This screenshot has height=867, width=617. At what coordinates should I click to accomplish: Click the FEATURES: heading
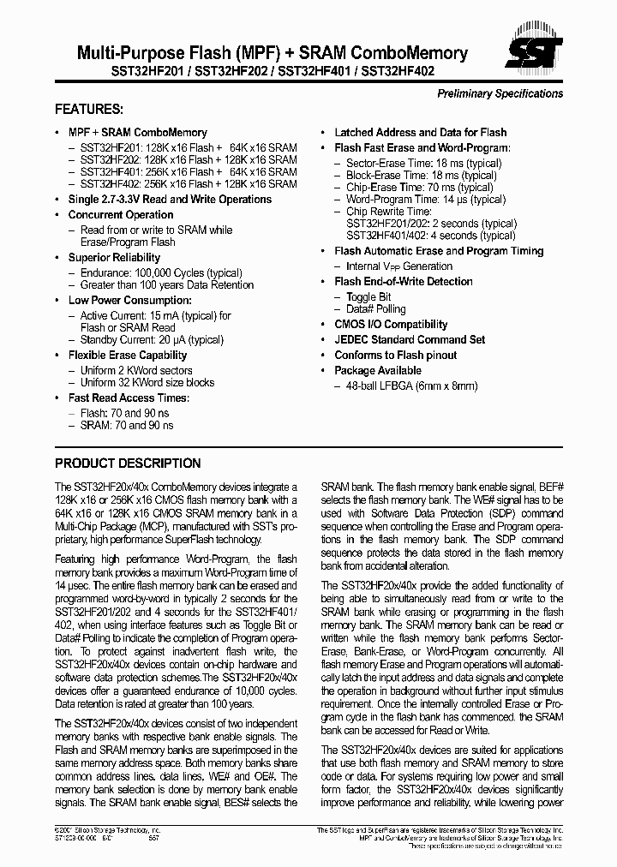[88, 110]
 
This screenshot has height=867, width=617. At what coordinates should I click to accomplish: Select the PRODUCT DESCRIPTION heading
[128, 463]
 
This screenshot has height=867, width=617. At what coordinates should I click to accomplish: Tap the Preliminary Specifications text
[500, 93]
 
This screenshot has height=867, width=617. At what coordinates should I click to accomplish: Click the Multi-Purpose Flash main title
[261, 53]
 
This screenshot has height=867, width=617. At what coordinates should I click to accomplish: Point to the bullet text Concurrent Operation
[121, 215]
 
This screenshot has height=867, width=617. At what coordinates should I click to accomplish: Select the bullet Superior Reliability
[114, 258]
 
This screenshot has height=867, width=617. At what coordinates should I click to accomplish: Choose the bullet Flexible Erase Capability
[127, 356]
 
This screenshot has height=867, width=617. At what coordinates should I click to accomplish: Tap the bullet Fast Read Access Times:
[129, 398]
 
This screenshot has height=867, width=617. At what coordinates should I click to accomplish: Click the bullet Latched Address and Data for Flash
[420, 133]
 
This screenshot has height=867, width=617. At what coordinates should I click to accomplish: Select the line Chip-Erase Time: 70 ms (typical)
[419, 188]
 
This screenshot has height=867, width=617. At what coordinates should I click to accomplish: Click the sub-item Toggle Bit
[368, 297]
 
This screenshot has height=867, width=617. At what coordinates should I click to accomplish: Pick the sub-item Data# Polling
[375, 309]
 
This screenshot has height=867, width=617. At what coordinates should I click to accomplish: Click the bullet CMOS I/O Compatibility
[391, 325]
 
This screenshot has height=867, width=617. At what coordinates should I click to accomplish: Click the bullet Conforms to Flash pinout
[395, 356]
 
